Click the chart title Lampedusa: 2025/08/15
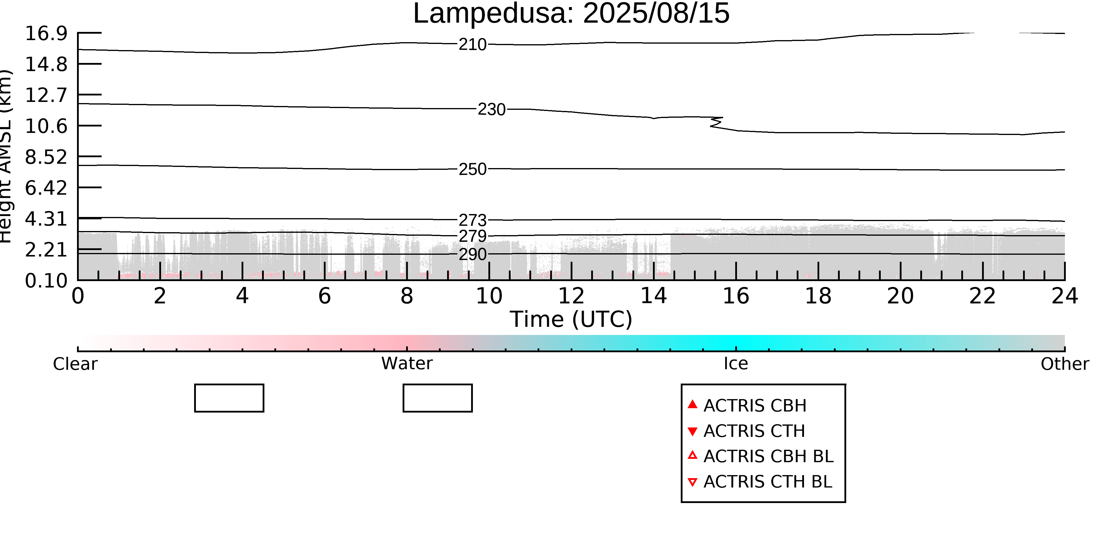(571, 14)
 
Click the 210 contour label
(473, 44)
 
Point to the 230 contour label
(491, 110)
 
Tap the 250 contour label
(473, 169)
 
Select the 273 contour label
(473, 220)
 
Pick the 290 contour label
(473, 254)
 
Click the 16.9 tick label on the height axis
(46, 33)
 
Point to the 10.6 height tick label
(46, 126)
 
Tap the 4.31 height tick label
(46, 219)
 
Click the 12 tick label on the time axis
(571, 296)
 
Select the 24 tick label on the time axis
(1065, 296)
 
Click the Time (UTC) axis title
(571, 319)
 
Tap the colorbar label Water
(407, 364)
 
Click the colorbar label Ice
(736, 364)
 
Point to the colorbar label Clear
(76, 364)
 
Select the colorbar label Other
(1065, 364)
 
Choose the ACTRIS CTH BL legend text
(768, 482)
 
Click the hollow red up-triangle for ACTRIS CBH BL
(693, 455)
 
